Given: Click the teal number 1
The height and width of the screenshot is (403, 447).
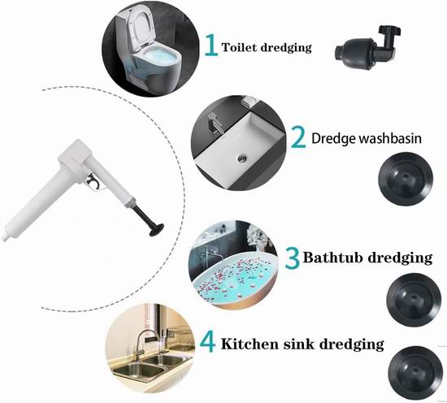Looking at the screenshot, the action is tap(211, 45).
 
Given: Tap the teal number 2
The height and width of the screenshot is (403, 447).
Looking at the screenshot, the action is tap(298, 137).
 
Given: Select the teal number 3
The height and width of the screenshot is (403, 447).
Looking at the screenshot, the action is tap(293, 258).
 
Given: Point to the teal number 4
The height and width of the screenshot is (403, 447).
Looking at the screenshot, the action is tap(207, 342).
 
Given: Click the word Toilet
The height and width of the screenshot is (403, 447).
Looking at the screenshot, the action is tap(239, 47).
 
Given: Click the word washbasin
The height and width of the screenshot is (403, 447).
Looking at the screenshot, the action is tap(390, 138).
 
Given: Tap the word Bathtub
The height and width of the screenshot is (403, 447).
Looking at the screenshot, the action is tap(332, 257).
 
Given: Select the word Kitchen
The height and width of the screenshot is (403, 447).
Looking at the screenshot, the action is tap(250, 344).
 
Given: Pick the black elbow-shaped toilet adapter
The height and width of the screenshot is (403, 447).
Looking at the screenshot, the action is tap(367, 48).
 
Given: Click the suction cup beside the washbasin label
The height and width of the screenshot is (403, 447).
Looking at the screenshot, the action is tap(406, 179).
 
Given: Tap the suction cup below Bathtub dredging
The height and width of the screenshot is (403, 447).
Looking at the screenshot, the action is tap(414, 300).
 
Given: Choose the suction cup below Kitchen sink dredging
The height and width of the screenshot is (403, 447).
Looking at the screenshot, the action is tap(415, 373).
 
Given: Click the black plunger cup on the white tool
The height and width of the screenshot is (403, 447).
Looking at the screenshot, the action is tap(157, 230).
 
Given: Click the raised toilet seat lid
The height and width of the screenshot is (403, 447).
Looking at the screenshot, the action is tap(141, 27).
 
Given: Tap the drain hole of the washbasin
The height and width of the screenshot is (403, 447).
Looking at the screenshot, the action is tap(242, 158).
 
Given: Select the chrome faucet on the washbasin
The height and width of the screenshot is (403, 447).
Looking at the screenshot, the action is tap(215, 123).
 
